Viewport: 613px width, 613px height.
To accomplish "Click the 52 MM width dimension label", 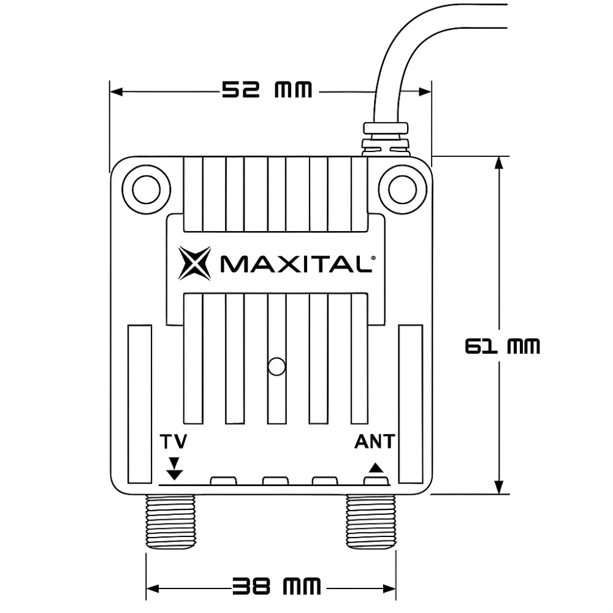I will click(x=267, y=91).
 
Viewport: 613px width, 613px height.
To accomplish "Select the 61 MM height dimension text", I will click(x=502, y=347).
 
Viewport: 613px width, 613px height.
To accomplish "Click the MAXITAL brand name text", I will click(x=294, y=265).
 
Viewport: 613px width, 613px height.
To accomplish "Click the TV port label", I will click(x=174, y=442).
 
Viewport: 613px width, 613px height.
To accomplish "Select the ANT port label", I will click(x=375, y=442).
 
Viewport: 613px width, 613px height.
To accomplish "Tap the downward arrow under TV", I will click(x=175, y=468).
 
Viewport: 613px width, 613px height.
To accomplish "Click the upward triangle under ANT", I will click(x=375, y=468).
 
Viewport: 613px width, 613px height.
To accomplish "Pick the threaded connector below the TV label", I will click(x=170, y=521).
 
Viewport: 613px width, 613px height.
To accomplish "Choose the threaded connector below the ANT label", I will click(x=371, y=521).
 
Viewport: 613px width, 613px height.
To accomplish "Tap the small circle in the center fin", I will click(x=277, y=366).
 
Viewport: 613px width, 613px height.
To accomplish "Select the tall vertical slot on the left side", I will click(x=139, y=403).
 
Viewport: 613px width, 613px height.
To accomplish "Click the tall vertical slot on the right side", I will click(x=411, y=403).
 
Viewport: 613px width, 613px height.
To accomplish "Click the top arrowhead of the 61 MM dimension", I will click(x=501, y=162).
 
